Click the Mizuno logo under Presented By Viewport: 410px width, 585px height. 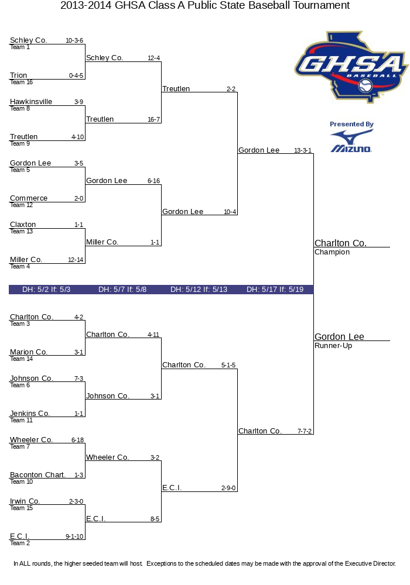351,142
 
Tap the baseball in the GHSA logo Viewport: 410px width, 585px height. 365,87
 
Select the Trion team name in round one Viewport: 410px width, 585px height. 18,75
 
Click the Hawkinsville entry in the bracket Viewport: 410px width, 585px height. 31,101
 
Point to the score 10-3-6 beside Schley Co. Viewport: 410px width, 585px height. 74,40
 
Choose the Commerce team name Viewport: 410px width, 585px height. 29,198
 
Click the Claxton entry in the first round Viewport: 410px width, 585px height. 23,225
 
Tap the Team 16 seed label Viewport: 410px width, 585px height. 21,82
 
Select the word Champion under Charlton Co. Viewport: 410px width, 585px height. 332,252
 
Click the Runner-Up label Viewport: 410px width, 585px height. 333,346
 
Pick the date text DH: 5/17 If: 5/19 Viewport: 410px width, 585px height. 275,289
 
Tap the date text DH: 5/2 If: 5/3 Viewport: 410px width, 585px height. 46,289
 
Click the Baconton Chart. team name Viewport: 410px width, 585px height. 37,475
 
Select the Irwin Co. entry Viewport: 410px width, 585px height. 25,501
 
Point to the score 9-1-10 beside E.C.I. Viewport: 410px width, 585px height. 74,536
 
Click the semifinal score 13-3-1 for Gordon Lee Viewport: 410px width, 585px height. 303,150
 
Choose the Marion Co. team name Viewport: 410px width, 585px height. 28,352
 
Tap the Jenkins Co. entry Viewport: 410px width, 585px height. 30,414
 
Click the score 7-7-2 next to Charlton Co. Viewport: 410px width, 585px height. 305,431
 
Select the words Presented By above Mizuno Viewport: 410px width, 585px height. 351,124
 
